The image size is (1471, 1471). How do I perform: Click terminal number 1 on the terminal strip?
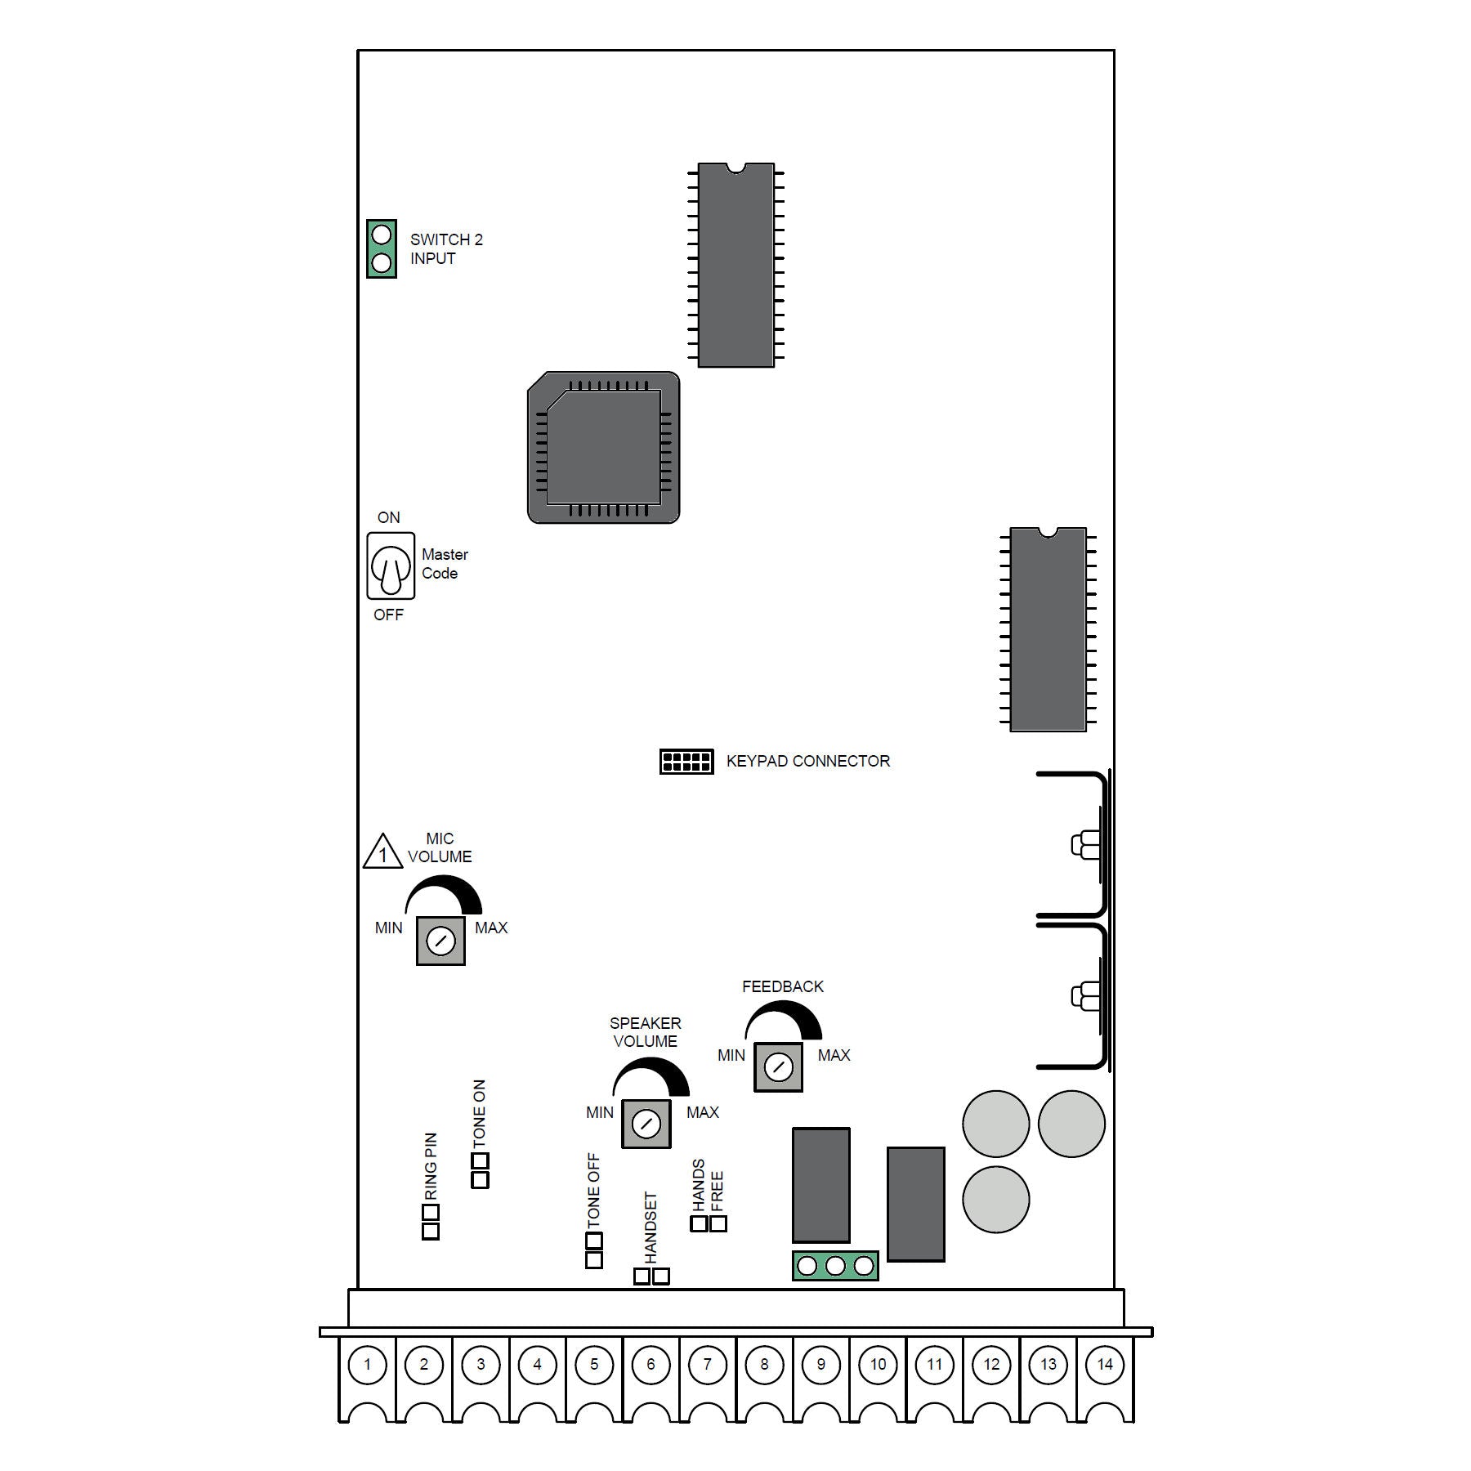click(367, 1364)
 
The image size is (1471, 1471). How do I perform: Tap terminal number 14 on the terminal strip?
click(1105, 1364)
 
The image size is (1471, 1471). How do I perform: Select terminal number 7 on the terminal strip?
click(708, 1364)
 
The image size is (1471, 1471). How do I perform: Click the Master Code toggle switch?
click(391, 566)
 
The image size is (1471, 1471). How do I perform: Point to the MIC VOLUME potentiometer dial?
click(440, 941)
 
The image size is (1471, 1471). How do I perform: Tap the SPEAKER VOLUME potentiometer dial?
click(646, 1124)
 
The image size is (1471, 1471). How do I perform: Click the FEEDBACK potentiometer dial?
click(778, 1067)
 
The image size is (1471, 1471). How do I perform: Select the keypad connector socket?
click(686, 762)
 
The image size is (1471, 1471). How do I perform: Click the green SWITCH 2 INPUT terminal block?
click(382, 248)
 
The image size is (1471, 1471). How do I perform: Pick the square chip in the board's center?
click(604, 448)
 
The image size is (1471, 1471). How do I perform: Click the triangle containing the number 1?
click(382, 852)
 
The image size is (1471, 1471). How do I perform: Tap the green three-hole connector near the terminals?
click(835, 1266)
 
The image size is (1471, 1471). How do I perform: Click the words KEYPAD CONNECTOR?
click(808, 761)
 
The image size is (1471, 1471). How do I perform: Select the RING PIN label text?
click(431, 1166)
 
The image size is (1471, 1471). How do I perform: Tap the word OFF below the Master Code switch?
click(388, 615)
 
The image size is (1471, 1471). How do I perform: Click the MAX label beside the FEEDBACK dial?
click(834, 1055)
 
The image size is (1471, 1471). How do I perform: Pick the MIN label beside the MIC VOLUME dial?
click(388, 928)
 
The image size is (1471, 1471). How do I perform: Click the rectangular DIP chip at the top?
click(736, 265)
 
